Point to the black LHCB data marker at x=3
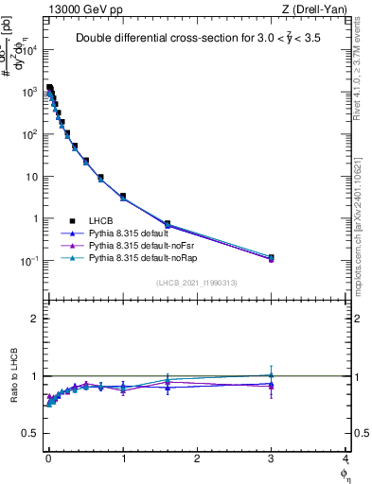point(271,257)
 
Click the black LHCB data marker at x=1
point(123,196)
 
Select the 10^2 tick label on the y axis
point(29,134)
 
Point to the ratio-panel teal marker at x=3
point(271,374)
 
